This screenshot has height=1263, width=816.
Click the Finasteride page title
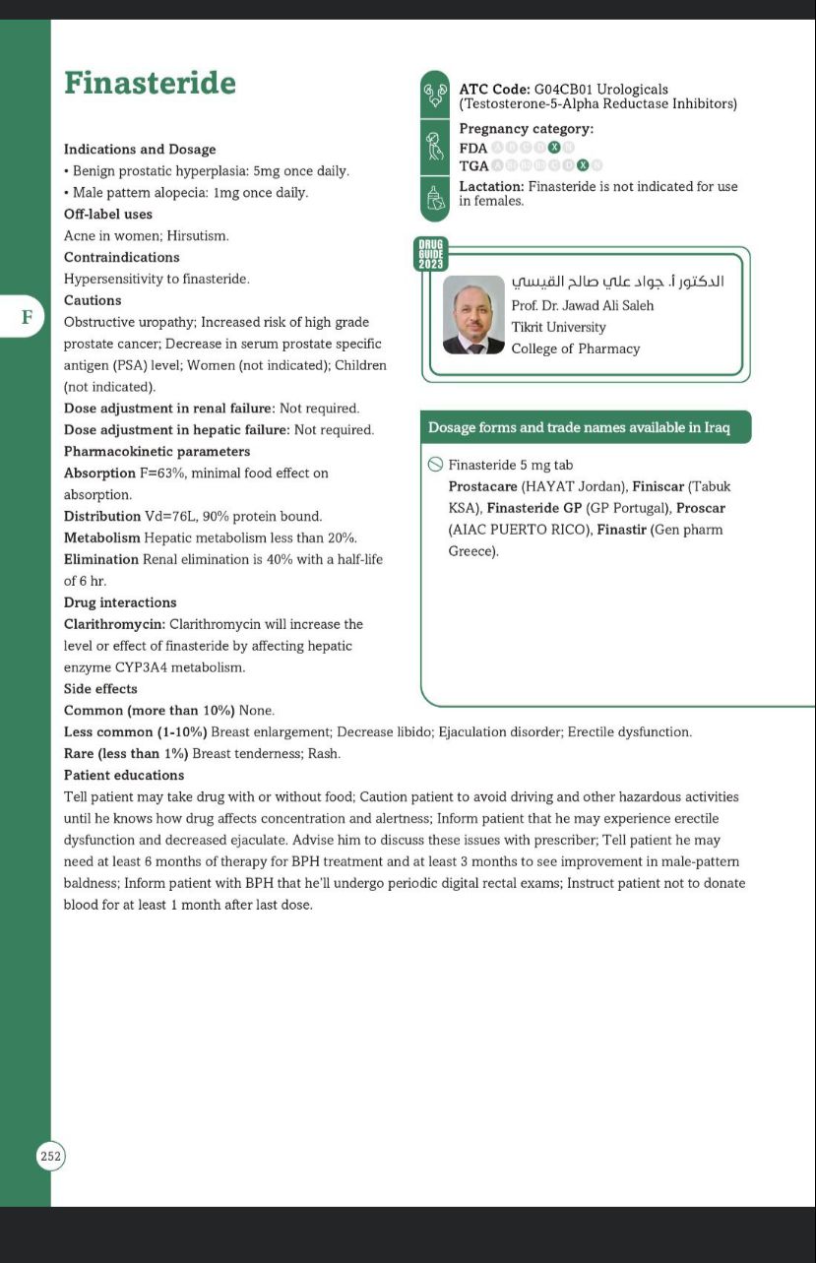(150, 83)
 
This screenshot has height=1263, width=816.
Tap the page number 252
(50, 1156)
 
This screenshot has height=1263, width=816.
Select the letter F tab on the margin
(27, 317)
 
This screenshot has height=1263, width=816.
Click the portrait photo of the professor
(473, 314)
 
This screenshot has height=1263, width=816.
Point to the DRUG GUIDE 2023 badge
(431, 253)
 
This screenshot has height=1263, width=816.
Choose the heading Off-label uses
(108, 215)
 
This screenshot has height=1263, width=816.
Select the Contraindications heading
(121, 258)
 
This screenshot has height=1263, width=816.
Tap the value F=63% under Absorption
(160, 474)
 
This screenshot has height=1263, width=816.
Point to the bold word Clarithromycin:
(114, 624)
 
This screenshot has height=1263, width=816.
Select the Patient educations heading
(124, 776)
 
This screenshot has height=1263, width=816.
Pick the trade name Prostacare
(482, 486)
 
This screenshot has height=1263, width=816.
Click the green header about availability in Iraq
(585, 428)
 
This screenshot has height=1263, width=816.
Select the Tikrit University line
(558, 327)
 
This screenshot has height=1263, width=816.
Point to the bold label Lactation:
(491, 186)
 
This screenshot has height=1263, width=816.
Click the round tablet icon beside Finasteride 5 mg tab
(435, 465)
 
